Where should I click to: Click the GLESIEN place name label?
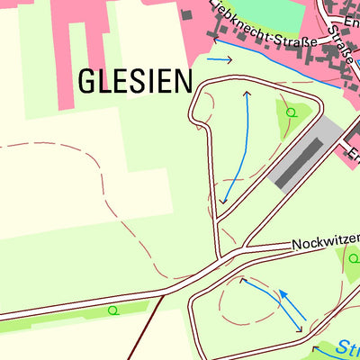pyautogui.click(x=135, y=81)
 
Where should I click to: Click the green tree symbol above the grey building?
pyautogui.click(x=291, y=112)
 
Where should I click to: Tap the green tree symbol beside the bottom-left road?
pyautogui.click(x=112, y=310)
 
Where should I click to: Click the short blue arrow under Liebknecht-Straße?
pyautogui.click(x=219, y=59)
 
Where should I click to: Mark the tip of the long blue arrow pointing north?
pyautogui.click(x=247, y=92)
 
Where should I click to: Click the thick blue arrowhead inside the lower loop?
pyautogui.click(x=282, y=293)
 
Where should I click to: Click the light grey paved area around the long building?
pyautogui.click(x=324, y=135)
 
